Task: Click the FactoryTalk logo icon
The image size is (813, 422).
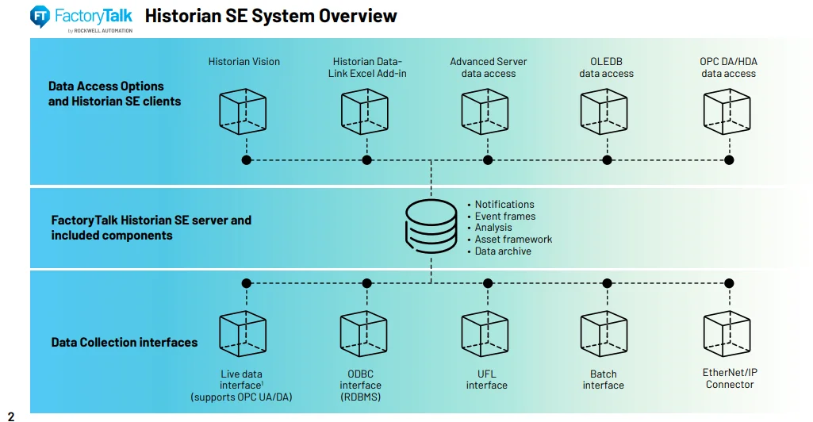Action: click(40, 16)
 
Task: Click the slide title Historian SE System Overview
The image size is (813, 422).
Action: click(271, 16)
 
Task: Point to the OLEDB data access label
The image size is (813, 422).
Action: click(607, 67)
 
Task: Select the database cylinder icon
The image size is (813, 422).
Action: click(431, 227)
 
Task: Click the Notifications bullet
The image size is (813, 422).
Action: click(504, 205)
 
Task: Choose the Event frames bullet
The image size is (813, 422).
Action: click(505, 217)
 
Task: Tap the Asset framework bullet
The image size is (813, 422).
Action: click(513, 240)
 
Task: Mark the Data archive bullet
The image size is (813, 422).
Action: click(503, 251)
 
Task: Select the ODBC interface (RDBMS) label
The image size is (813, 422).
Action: click(362, 386)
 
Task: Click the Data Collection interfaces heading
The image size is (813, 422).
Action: click(125, 343)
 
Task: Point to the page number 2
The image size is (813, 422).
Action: click(11, 416)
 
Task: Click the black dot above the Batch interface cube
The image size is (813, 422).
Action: click(607, 283)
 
